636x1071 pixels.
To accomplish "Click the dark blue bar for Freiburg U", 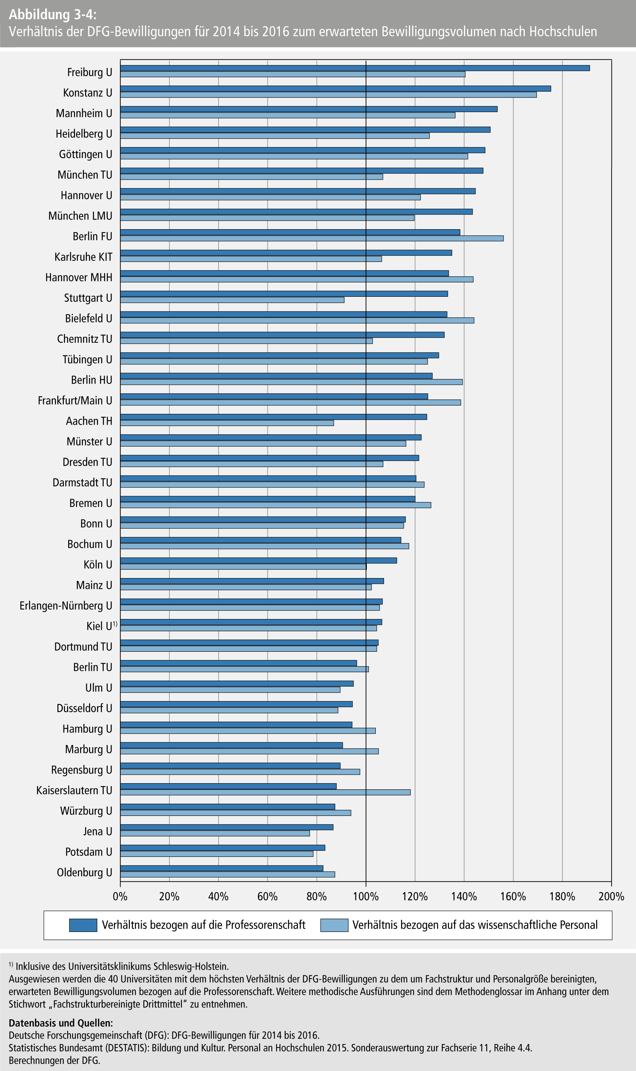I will click(355, 68).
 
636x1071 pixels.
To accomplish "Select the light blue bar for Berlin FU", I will click(312, 239).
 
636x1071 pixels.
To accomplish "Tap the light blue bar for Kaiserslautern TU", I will click(265, 792).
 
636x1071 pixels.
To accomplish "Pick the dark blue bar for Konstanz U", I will click(335, 88).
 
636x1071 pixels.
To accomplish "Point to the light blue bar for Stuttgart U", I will click(232, 300).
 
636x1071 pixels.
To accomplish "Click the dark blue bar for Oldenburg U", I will click(221, 868).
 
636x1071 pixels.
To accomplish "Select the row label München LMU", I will click(80, 216).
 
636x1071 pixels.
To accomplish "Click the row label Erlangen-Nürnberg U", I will click(66, 606).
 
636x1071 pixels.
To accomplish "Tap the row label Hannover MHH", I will click(79, 277).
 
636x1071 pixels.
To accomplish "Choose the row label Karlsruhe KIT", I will click(83, 257).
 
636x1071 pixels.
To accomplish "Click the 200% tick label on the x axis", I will click(611, 896).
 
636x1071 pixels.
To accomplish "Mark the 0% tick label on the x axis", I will click(120, 896).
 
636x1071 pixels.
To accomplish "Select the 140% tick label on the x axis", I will click(464, 896).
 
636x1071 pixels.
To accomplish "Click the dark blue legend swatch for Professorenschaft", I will click(83, 925).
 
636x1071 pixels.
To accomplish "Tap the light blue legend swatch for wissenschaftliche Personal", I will click(334, 925).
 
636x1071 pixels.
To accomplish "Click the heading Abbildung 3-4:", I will click(53, 15).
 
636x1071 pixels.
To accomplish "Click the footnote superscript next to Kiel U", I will click(115, 624).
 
